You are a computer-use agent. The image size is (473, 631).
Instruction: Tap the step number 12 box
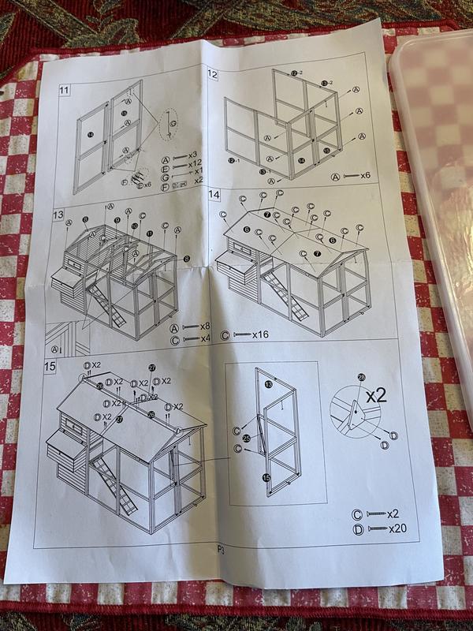(213, 74)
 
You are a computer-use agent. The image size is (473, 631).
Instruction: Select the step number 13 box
(58, 215)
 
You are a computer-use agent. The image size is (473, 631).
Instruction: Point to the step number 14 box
(214, 194)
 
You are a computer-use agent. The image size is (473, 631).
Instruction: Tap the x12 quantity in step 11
(194, 163)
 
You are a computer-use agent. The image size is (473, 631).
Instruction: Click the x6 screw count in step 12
(365, 175)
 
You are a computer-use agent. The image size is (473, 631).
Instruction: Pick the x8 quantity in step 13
(204, 326)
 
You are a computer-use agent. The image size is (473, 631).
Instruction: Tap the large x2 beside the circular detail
(376, 395)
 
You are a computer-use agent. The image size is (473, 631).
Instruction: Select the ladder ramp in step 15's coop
(114, 483)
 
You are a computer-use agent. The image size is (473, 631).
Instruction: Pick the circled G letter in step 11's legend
(165, 181)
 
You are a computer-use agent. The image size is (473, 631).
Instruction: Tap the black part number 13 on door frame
(268, 384)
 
